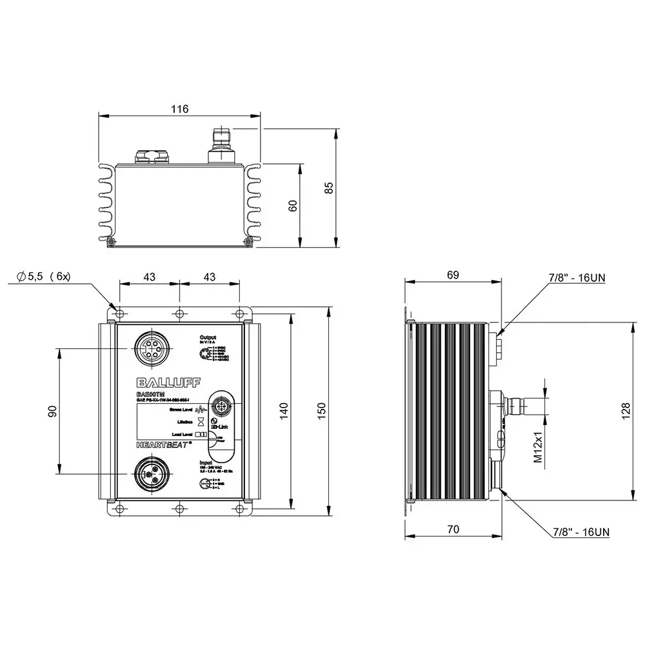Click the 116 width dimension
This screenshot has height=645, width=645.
[180, 109]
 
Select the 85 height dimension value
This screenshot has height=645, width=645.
[329, 188]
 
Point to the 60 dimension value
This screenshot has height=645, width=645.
[292, 205]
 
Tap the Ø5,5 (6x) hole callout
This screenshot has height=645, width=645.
[44, 276]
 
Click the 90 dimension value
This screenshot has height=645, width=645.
[52, 410]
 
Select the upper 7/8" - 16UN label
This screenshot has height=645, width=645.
[577, 277]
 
